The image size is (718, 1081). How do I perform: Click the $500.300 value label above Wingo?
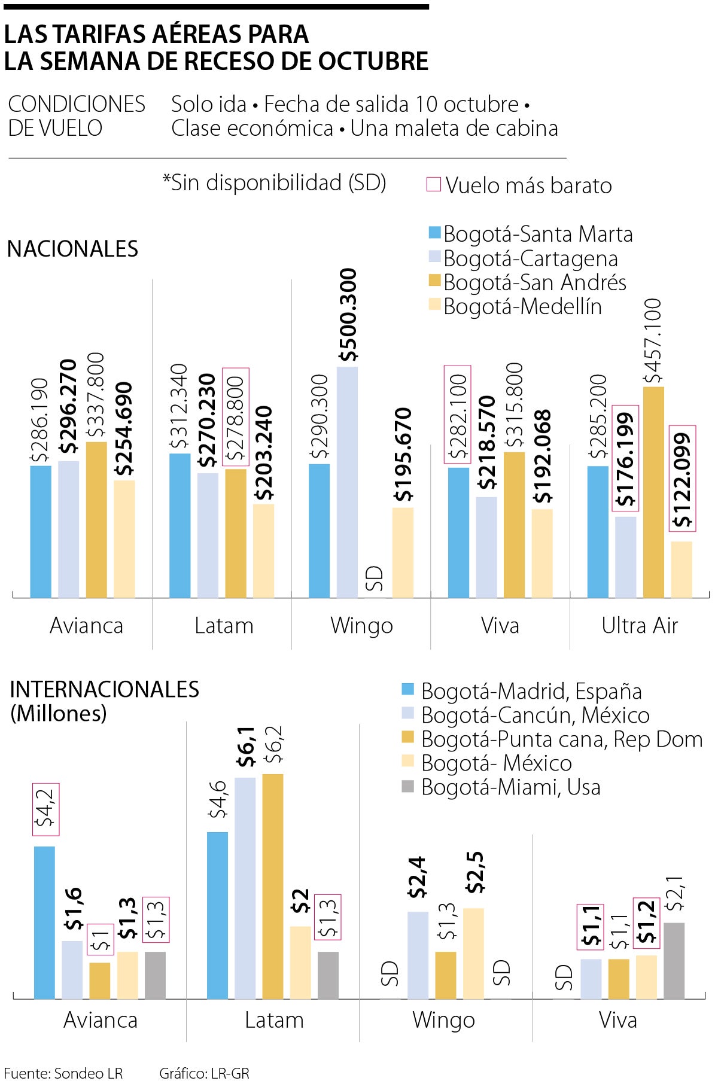[x=347, y=315]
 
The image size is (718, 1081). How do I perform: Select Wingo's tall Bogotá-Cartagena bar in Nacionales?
[x=347, y=482]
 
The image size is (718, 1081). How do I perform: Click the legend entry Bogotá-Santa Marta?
[x=531, y=234]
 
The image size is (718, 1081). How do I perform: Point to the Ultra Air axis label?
[x=640, y=625]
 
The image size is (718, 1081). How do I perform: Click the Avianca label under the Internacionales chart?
[x=101, y=1019]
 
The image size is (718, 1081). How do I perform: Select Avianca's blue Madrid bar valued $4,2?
[x=45, y=922]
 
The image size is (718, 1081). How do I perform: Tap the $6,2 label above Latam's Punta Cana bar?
[x=273, y=745]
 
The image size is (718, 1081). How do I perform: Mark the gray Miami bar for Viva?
[x=674, y=960]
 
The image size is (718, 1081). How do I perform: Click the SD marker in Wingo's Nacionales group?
[x=375, y=578]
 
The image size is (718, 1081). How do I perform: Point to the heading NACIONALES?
[x=72, y=248]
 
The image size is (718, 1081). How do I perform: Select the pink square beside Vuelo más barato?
[x=433, y=185]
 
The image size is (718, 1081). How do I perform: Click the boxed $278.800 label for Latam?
[x=236, y=417]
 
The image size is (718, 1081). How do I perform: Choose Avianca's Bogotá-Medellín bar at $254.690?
[x=124, y=538]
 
